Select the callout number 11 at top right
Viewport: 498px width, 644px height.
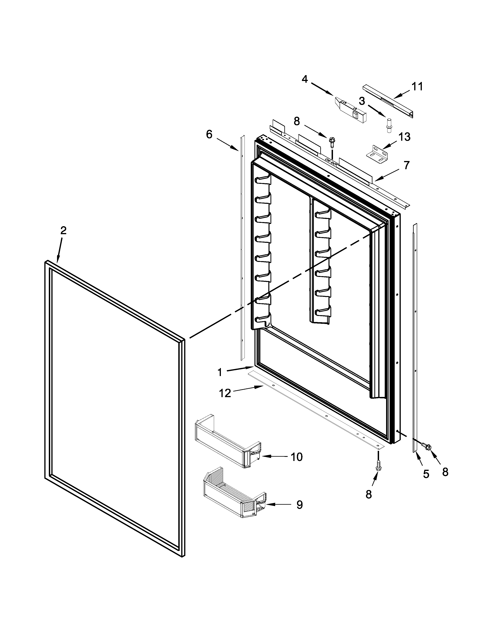coord(417,86)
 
